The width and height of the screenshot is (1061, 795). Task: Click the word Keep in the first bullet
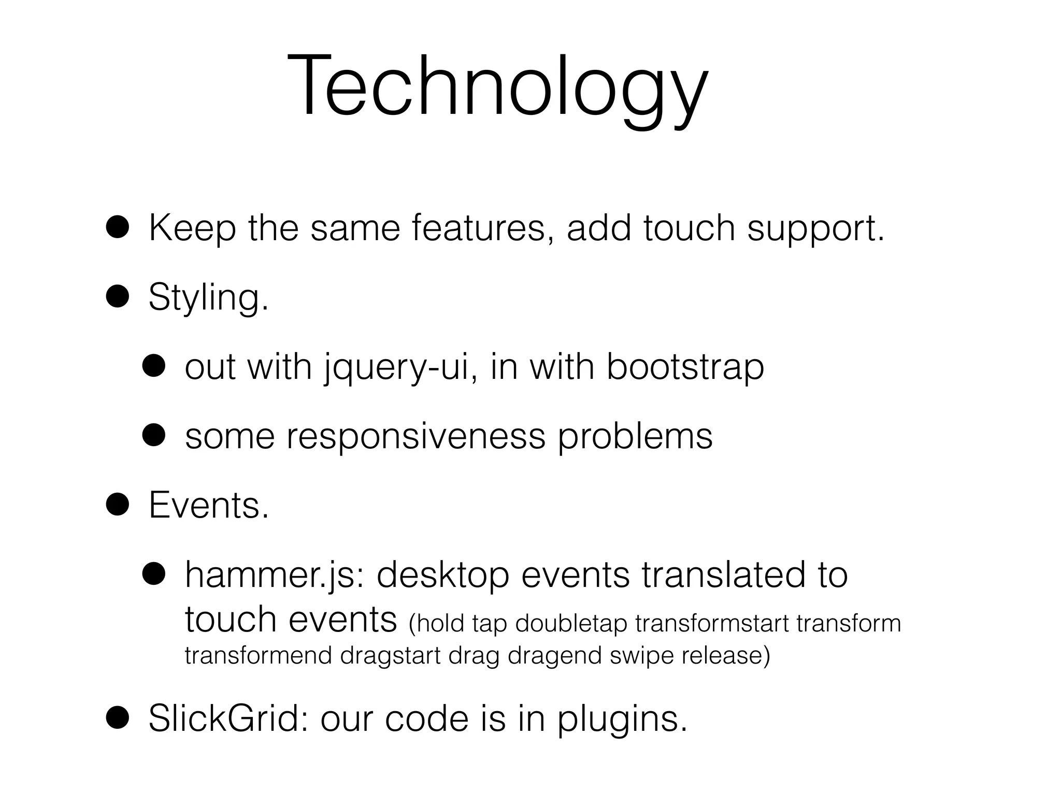click(192, 228)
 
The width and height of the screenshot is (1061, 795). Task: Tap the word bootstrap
click(685, 368)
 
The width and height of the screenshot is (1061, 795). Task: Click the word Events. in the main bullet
click(209, 506)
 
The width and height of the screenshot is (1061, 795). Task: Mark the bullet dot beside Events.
click(118, 505)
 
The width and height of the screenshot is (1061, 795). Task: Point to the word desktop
click(442, 576)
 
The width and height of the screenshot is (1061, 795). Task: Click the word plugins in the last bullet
click(622, 720)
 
